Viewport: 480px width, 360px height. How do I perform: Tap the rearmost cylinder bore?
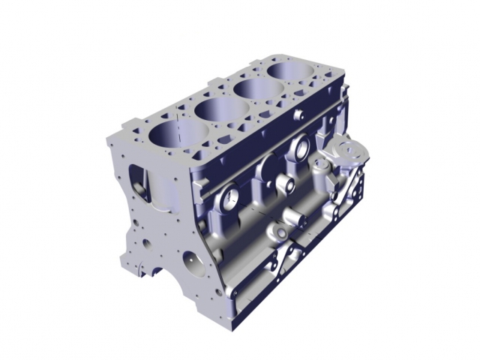tap(295, 72)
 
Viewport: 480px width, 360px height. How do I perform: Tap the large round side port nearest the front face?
tap(229, 198)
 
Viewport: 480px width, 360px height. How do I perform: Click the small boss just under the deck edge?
tap(298, 115)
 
